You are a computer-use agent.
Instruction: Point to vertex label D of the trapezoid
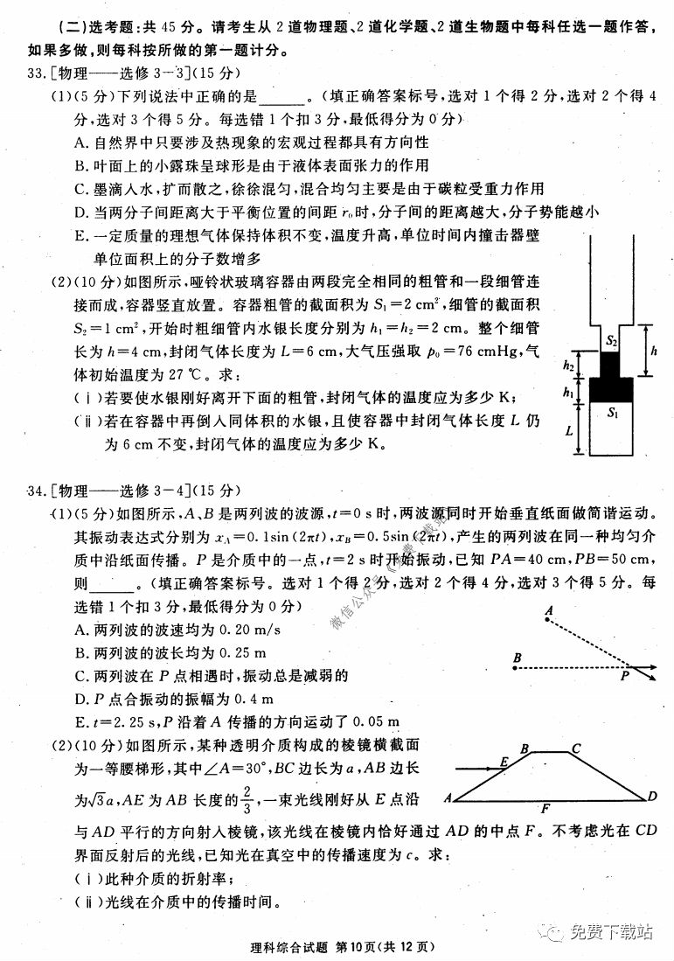click(x=652, y=796)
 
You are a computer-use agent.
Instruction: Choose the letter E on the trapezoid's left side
click(x=504, y=763)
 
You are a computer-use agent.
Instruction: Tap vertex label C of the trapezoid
click(x=575, y=749)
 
